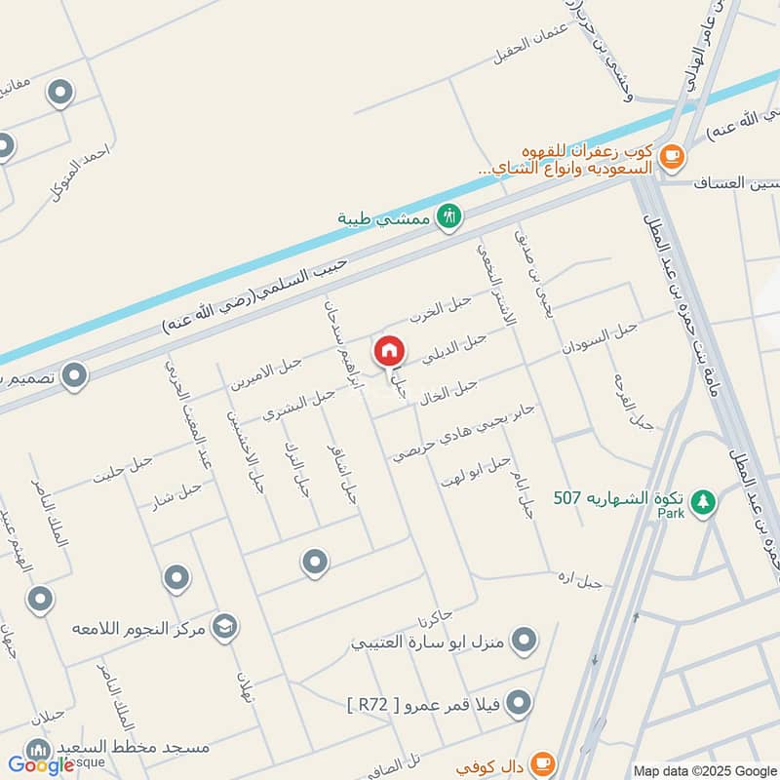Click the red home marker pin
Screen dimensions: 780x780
(389, 350)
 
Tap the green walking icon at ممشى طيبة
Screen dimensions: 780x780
(448, 215)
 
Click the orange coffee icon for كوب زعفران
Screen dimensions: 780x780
(671, 155)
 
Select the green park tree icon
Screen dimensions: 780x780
(701, 501)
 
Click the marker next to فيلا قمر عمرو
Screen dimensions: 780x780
(520, 702)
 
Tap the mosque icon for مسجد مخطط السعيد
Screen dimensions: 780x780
(39, 750)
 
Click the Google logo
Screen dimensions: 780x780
(41, 765)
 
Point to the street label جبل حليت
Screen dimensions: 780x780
(123, 470)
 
